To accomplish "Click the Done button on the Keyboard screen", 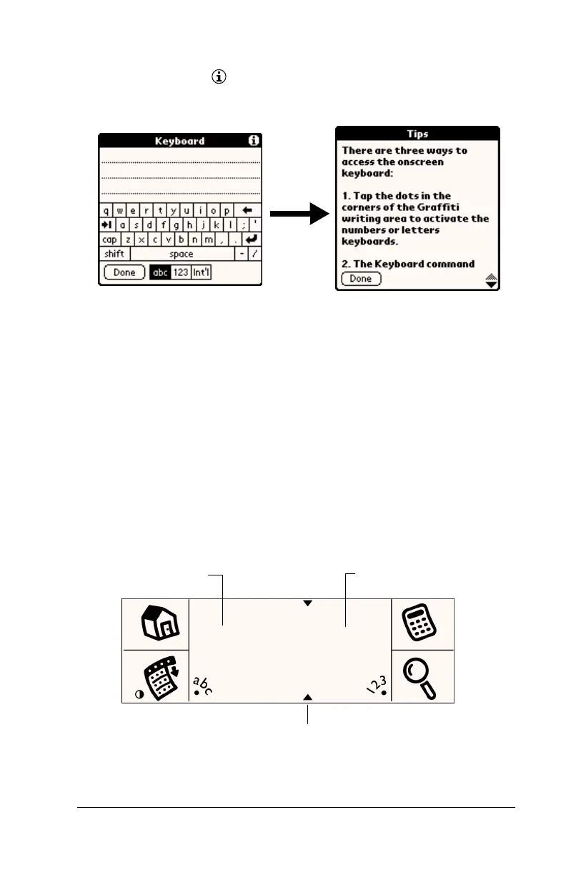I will pyautogui.click(x=124, y=272).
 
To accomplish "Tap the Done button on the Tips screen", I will pyautogui.click(x=361, y=279).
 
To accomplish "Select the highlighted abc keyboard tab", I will pyautogui.click(x=160, y=272).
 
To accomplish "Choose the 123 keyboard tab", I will pyautogui.click(x=182, y=272).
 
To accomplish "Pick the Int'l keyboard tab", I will pyautogui.click(x=202, y=272).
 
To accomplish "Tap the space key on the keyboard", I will pyautogui.click(x=182, y=254).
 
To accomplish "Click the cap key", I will pyautogui.click(x=110, y=240).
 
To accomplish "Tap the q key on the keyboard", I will pyautogui.click(x=106, y=211).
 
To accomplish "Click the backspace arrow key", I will pyautogui.click(x=247, y=211).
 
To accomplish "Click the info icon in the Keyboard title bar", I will pyautogui.click(x=253, y=141).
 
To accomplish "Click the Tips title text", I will pyautogui.click(x=417, y=134).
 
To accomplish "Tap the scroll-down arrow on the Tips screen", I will pyautogui.click(x=490, y=284).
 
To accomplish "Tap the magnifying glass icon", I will pyautogui.click(x=421, y=676).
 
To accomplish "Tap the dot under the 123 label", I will pyautogui.click(x=384, y=693).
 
